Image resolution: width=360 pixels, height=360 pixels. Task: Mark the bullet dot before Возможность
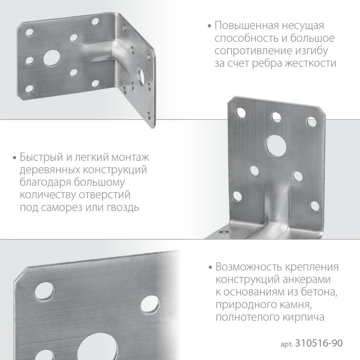(210, 268)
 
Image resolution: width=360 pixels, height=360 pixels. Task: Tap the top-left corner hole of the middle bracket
(239, 114)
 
